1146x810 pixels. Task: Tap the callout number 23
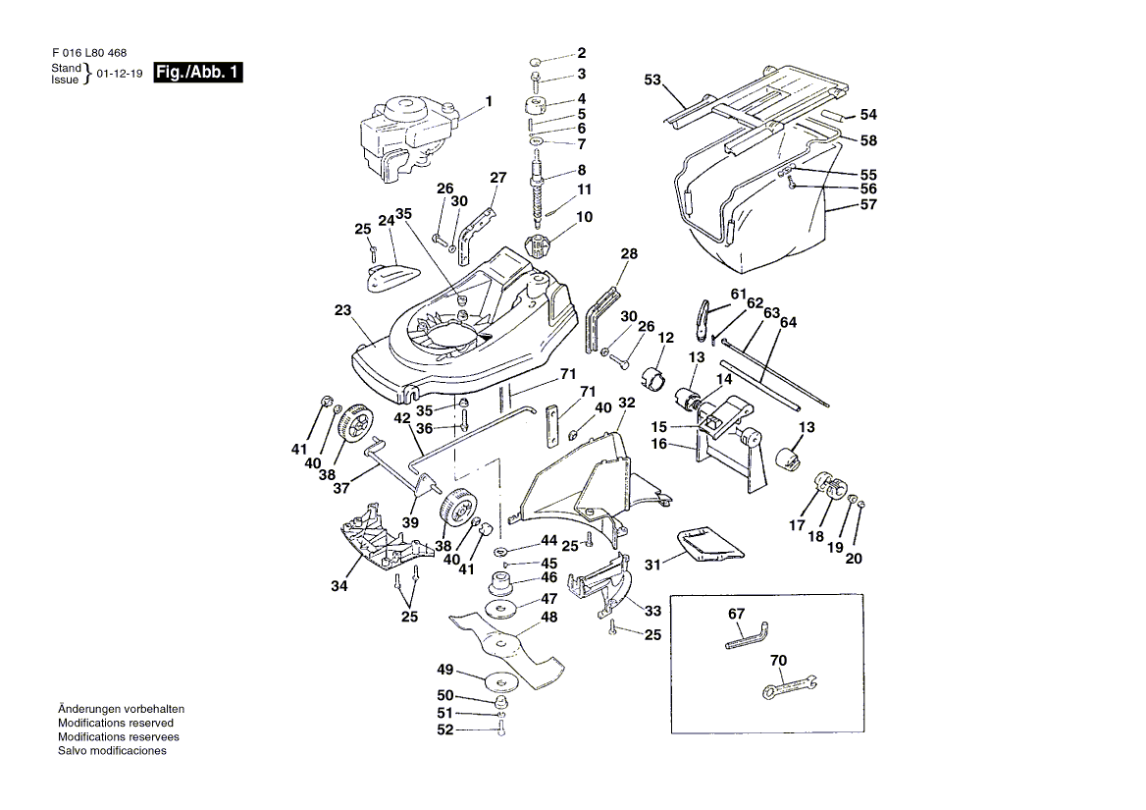click(341, 310)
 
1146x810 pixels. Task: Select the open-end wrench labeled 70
click(791, 686)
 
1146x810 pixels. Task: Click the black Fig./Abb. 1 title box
click(198, 73)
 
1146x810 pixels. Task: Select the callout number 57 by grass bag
click(868, 205)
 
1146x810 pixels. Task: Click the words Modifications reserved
click(116, 723)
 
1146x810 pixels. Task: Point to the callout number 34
click(339, 587)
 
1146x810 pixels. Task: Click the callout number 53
click(653, 80)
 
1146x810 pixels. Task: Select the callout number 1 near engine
click(489, 101)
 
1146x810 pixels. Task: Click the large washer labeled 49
click(501, 679)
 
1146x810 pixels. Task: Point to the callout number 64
click(789, 322)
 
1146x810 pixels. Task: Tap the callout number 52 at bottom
click(444, 729)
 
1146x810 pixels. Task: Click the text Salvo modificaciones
click(112, 750)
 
